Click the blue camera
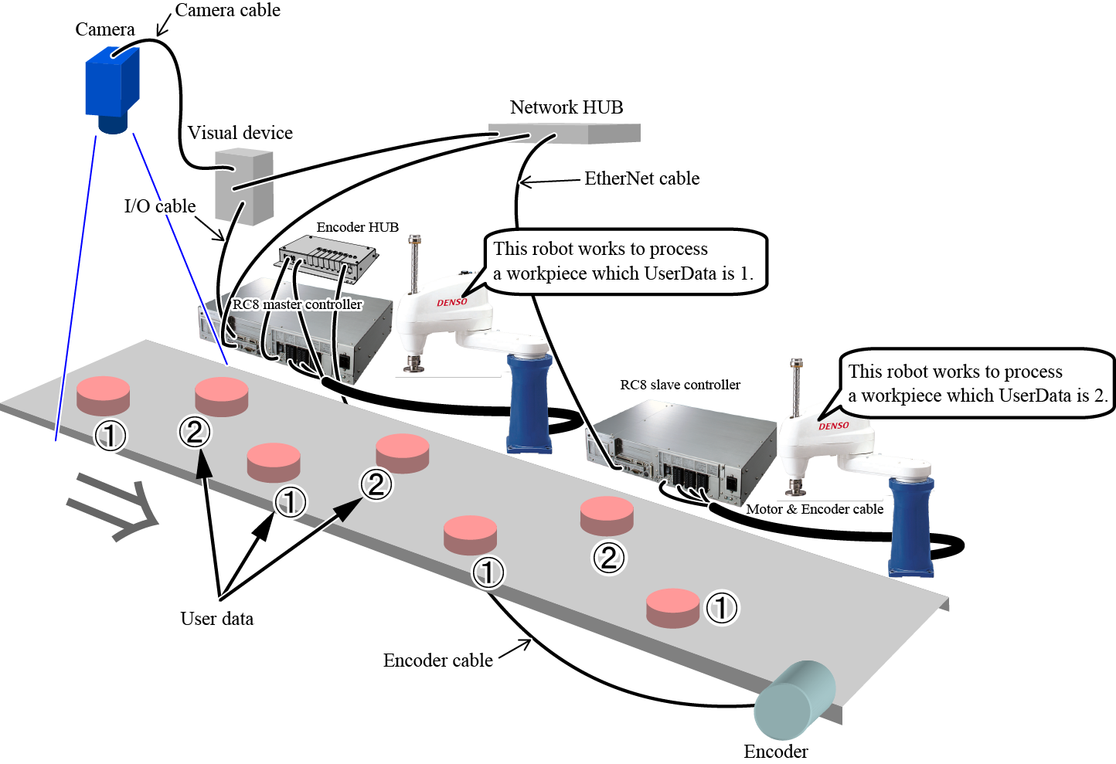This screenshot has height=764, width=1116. (112, 87)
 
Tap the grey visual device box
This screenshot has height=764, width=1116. (243, 187)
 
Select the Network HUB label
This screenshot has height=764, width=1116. (567, 107)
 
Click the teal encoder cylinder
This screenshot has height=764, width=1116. (794, 701)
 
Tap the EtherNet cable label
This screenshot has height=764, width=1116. (641, 178)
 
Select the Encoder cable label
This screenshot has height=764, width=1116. (437, 660)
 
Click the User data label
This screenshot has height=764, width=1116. (216, 619)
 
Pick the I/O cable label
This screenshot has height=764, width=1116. (160, 206)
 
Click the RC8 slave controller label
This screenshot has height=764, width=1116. (680, 385)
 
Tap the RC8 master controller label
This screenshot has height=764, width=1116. (298, 304)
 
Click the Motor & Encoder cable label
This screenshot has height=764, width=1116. (815, 509)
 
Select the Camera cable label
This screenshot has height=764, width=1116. (227, 11)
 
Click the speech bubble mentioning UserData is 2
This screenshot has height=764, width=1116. (977, 383)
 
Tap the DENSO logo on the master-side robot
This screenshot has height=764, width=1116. (452, 302)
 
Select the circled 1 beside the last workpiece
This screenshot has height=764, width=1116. (721, 608)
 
